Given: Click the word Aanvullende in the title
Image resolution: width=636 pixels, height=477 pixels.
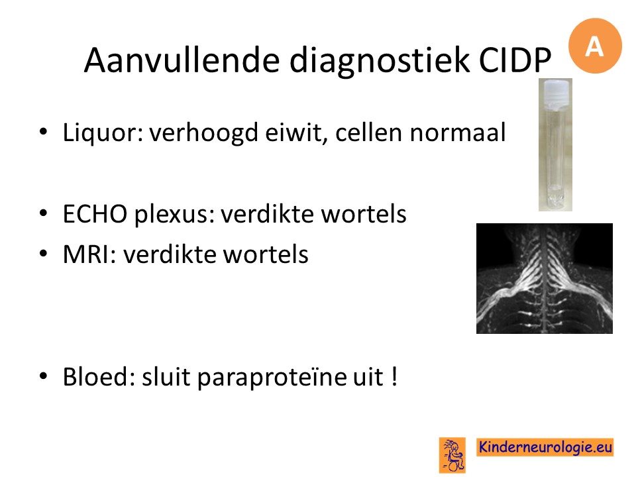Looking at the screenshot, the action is (182, 60).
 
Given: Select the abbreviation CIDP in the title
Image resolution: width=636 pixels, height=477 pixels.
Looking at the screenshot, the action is (515, 60).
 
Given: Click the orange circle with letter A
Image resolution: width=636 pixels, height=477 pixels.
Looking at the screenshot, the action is (595, 46).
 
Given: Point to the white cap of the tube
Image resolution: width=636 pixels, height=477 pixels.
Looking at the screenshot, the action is (556, 94).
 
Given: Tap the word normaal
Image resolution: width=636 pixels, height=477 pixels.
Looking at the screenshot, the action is (458, 132).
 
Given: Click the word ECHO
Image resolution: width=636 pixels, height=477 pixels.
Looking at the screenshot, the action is (95, 214).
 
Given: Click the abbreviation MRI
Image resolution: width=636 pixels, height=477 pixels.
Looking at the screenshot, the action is (89, 254).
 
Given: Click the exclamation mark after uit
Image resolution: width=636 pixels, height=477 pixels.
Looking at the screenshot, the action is (395, 376).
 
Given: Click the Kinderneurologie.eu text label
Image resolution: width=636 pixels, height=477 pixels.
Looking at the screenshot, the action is (545, 447).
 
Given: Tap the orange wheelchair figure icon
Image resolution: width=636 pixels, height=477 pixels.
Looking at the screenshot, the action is (452, 454).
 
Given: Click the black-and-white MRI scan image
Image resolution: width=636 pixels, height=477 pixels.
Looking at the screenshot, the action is (545, 278).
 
